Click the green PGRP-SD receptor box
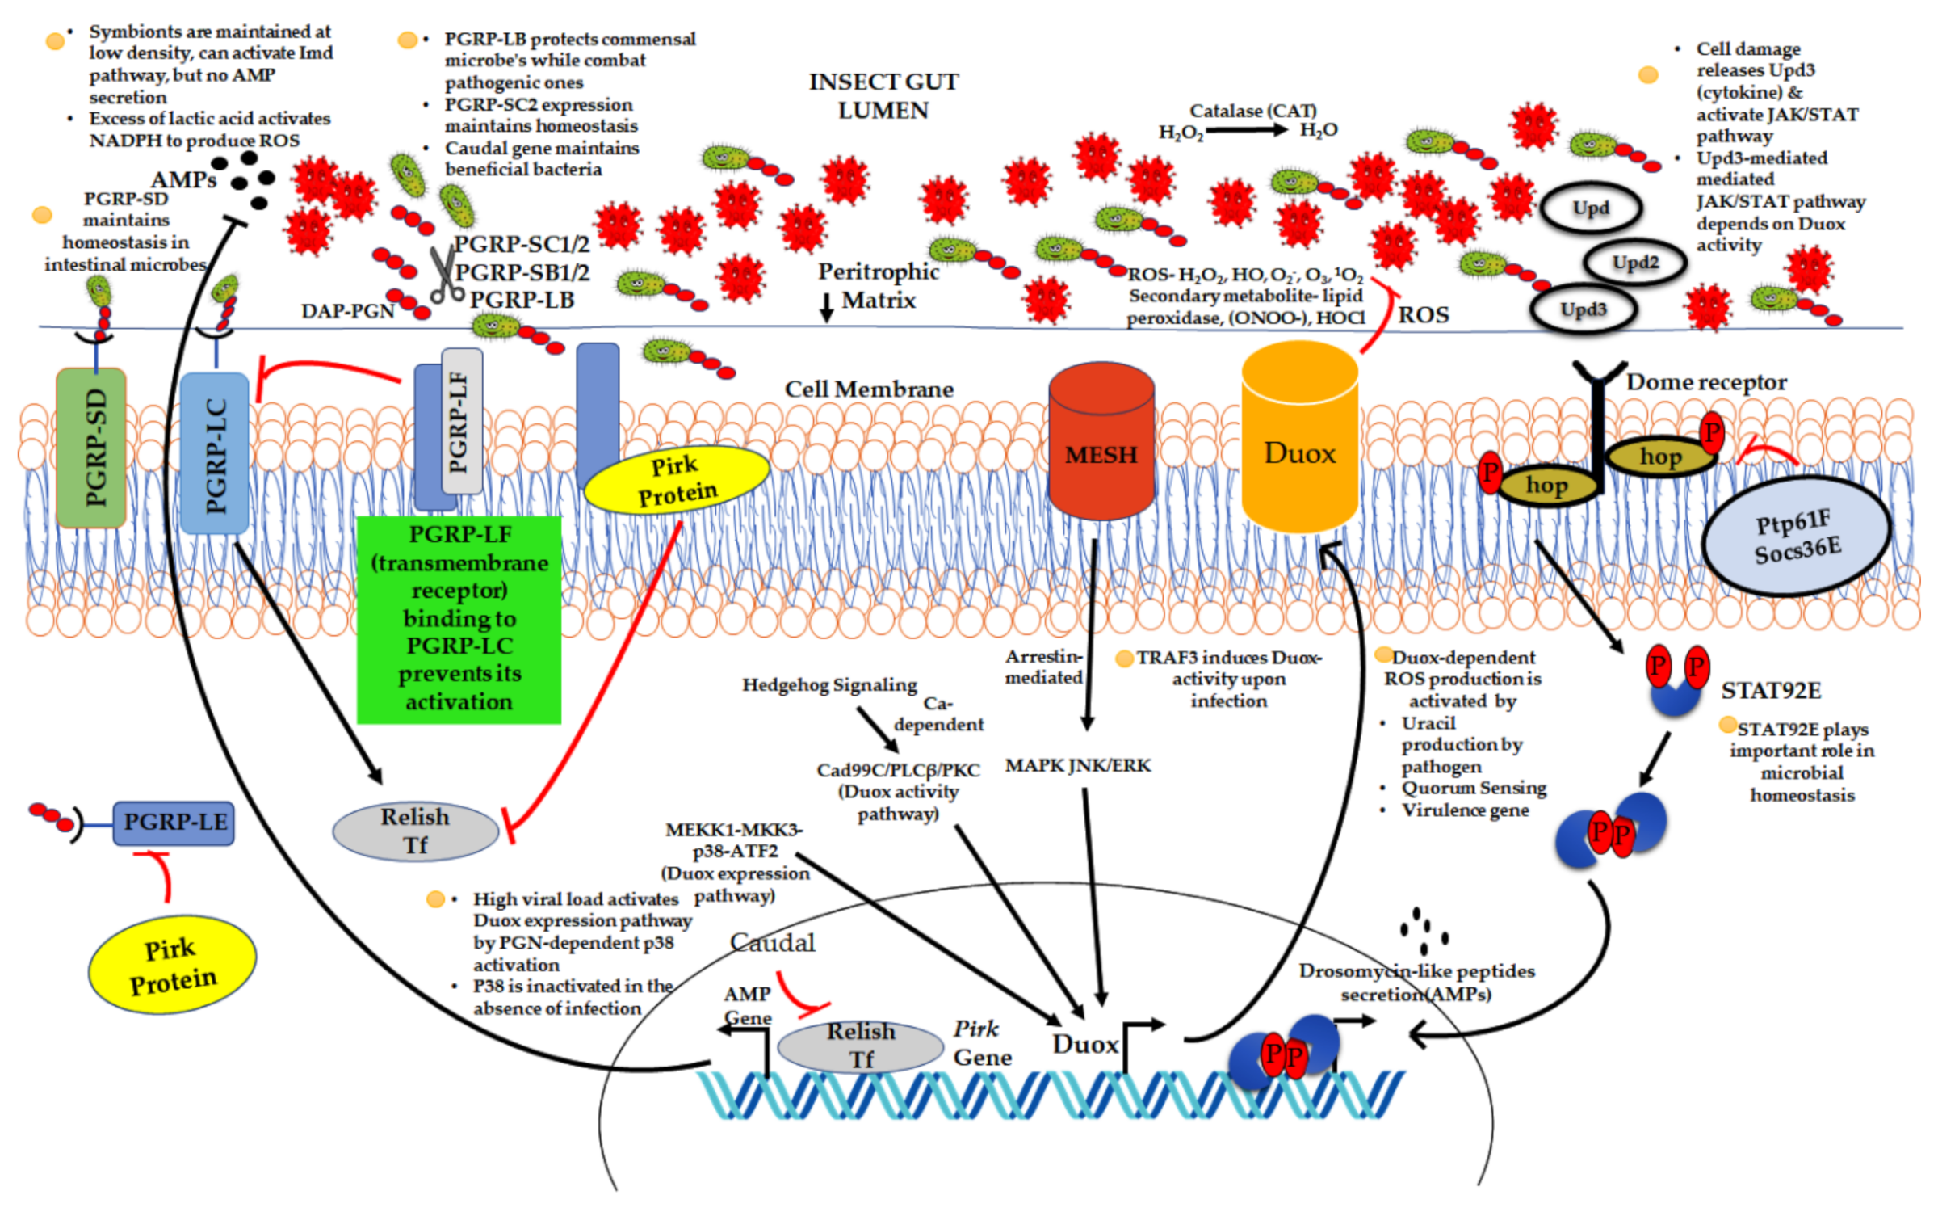pos(91,448)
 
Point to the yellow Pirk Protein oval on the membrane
pos(676,480)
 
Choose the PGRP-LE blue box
pos(174,823)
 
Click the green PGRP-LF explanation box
pos(459,619)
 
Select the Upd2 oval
pos(1635,263)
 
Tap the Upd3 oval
pos(1583,309)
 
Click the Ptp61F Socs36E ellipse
pos(1797,537)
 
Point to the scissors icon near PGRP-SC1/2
pos(443,275)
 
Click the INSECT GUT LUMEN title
pos(883,95)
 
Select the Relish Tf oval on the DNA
pos(861,1045)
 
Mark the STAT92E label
pos(1771,691)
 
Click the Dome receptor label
pos(1705,382)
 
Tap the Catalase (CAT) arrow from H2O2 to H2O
pos(1246,129)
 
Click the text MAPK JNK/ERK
pos(1077,765)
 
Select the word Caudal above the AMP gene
pos(772,942)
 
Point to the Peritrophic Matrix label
pos(878,285)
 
